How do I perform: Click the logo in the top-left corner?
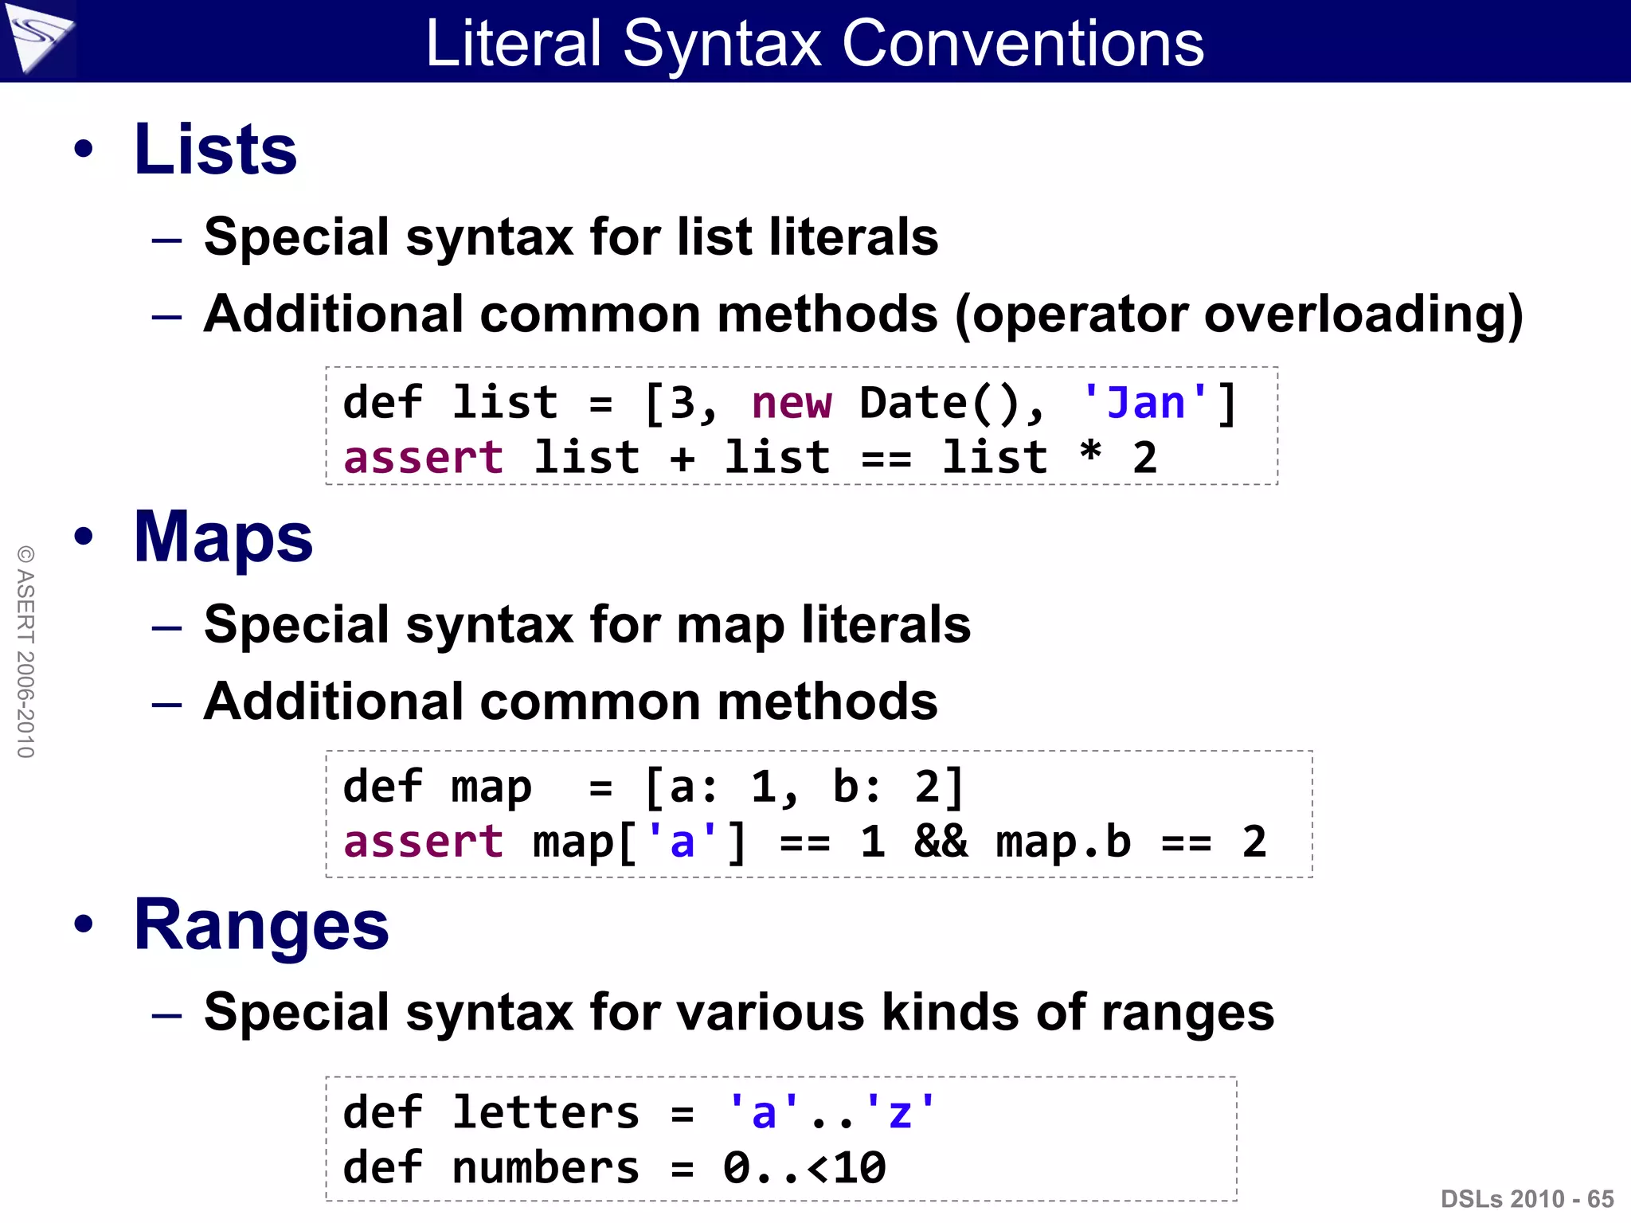coord(37,38)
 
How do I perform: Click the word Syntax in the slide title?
coord(722,45)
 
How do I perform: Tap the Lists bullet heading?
coord(215,150)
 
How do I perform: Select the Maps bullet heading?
coord(223,538)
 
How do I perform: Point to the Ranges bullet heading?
coord(261,925)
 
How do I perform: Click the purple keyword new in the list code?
coord(792,403)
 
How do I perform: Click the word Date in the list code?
coord(913,403)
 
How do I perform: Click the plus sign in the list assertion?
coord(683,459)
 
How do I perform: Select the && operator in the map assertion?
coord(941,842)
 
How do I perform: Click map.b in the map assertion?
coord(1063,842)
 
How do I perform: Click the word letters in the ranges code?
coord(546,1112)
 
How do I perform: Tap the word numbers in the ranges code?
coord(546,1168)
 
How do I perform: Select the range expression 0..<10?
coord(804,1168)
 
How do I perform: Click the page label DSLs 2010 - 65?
coord(1527,1199)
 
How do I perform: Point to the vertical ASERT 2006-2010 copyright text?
coord(25,651)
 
